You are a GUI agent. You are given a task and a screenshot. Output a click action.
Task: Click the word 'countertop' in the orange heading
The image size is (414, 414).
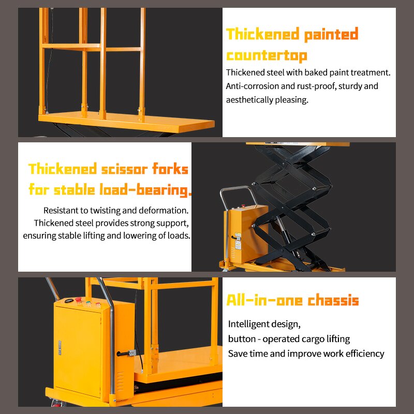click(267, 55)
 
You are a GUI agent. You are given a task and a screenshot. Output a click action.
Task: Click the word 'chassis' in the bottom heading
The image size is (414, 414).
click(333, 301)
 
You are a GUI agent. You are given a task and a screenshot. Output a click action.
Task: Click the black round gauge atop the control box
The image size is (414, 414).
click(68, 301)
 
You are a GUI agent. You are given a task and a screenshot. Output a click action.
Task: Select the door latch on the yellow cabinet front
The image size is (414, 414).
click(59, 348)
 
